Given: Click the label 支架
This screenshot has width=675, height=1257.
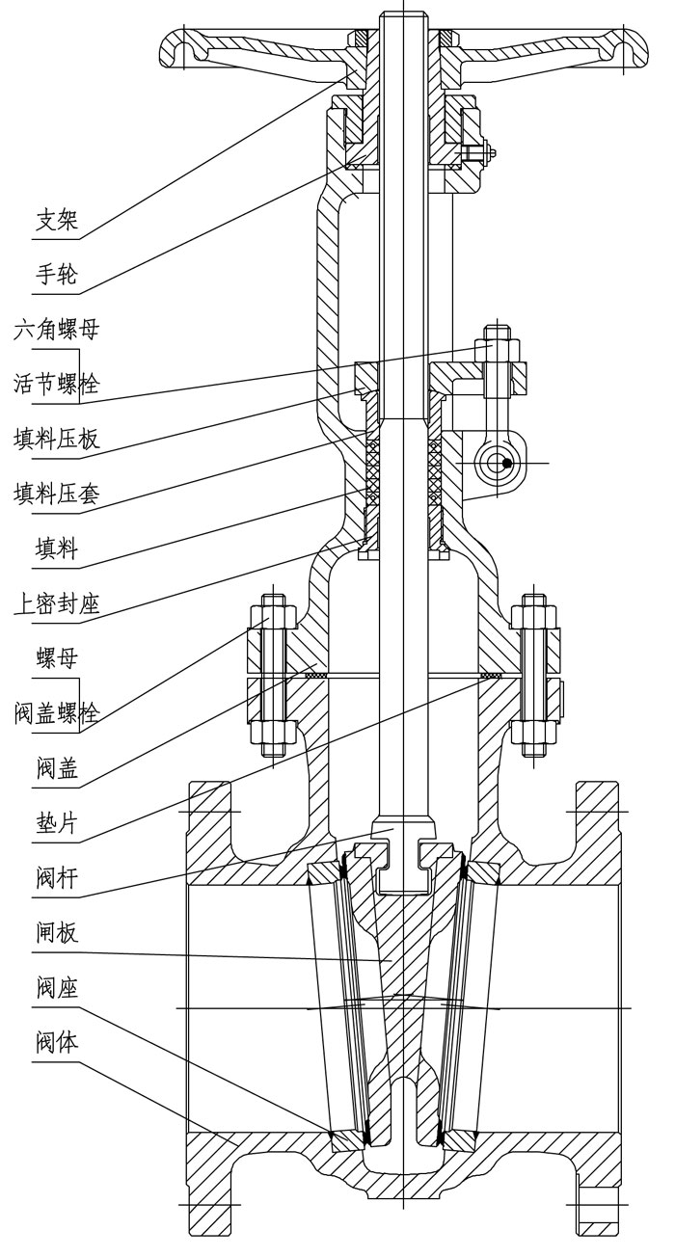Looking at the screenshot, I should (x=55, y=223).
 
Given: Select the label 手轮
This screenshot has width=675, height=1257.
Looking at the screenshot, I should (x=55, y=277).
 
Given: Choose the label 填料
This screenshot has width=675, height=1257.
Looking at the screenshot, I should (x=55, y=550).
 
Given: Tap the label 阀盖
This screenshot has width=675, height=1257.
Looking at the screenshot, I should (x=55, y=768).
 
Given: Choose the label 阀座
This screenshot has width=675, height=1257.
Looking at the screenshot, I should (x=55, y=988).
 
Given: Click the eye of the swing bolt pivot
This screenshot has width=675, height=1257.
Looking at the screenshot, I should (x=499, y=463).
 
